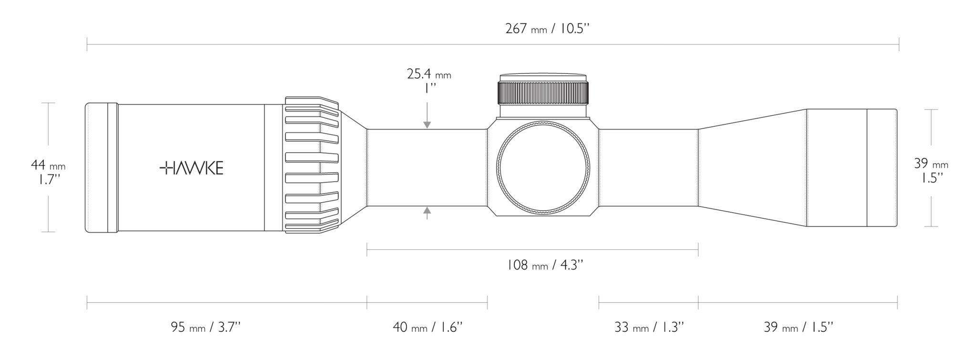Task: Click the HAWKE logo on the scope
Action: point(191,168)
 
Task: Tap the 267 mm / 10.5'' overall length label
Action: point(548,29)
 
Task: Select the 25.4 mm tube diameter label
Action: point(429,74)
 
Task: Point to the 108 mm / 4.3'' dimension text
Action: point(545,265)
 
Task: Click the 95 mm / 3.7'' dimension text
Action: point(206,327)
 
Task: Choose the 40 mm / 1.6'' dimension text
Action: point(428,327)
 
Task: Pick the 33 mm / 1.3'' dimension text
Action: point(649,327)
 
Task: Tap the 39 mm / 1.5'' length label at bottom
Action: point(799,327)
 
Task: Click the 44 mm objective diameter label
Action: point(48,165)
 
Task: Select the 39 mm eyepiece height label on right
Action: point(931,164)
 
